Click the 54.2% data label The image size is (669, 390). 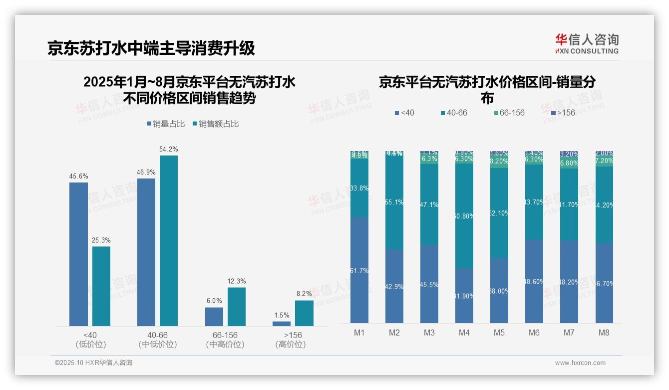[169, 149]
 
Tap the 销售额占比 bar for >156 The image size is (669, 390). [304, 313]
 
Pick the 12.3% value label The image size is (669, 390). [237, 281]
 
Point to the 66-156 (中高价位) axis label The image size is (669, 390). [225, 339]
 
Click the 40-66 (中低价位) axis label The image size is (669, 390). [157, 339]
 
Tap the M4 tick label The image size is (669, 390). [464, 332]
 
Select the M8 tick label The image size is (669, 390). [604, 332]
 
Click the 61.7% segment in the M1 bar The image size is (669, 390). [359, 270]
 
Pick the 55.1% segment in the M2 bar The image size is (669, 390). [394, 202]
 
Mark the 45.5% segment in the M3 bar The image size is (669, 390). [429, 284]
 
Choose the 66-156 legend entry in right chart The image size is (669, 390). [509, 113]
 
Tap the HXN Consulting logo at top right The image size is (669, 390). [587, 43]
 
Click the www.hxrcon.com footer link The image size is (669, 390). [580, 363]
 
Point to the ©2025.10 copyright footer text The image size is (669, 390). [93, 363]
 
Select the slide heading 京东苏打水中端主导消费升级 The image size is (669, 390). [151, 48]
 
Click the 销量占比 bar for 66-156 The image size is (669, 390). [214, 316]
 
